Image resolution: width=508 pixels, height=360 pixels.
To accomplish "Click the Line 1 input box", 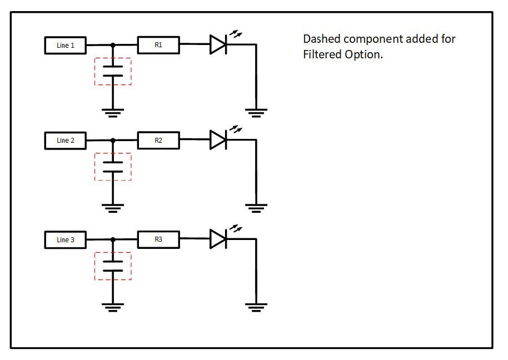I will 65,45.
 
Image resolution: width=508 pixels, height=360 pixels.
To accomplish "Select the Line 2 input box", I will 65,141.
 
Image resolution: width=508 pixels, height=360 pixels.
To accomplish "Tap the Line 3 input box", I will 65,240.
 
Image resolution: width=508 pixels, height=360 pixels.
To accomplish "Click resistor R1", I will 158,44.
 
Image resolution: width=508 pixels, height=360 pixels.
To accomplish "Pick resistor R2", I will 158,141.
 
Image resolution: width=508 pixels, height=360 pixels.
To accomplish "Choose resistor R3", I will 158,240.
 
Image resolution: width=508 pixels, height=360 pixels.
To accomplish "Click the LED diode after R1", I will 218,44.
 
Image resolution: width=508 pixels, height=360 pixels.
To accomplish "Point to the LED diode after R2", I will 218,140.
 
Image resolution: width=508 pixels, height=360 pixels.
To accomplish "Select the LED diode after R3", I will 218,239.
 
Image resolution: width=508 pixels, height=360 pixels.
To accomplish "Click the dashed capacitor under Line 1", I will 113,71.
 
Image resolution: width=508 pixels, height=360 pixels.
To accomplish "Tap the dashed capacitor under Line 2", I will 113,167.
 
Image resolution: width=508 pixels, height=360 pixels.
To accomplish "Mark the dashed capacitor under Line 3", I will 113,266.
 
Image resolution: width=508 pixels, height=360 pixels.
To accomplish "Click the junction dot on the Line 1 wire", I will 113,45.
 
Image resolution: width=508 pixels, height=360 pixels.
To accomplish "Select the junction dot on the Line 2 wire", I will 113,141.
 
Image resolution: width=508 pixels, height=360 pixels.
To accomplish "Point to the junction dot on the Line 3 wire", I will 113,240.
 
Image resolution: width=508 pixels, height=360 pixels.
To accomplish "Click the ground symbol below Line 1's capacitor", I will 113,113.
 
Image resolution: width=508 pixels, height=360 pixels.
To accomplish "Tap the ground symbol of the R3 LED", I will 256,307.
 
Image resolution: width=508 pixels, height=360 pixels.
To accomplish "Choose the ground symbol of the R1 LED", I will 256,113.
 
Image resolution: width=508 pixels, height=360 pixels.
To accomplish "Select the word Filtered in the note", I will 322,55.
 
